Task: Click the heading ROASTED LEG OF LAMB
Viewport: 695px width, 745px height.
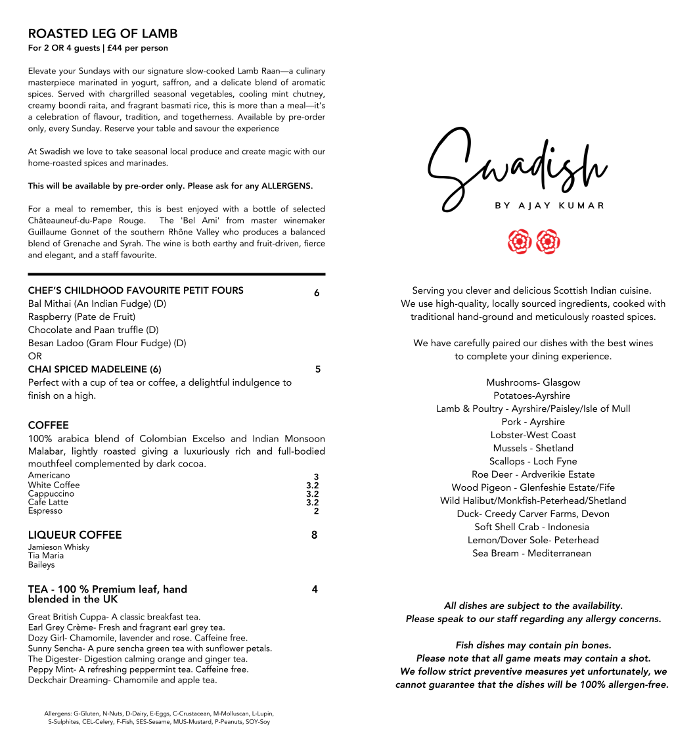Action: [102, 34]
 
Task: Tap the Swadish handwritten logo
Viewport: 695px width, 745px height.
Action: [516, 164]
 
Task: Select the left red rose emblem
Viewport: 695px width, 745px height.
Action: [519, 241]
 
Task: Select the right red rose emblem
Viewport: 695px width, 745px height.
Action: [548, 241]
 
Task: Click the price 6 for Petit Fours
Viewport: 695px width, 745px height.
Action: [317, 293]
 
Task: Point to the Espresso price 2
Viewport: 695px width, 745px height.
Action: [316, 511]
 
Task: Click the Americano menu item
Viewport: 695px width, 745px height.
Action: [49, 476]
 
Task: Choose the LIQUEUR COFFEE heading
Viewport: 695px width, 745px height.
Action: [75, 535]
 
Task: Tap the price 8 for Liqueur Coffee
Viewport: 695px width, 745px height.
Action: [314, 535]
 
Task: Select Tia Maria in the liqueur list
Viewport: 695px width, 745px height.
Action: [46, 556]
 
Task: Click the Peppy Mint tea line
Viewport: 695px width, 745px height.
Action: [138, 669]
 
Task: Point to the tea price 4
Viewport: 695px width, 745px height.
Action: [315, 589]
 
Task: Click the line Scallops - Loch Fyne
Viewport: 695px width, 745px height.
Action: [533, 461]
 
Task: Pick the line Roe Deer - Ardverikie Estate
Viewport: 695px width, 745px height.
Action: [533, 474]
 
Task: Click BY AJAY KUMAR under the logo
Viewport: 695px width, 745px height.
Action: [549, 206]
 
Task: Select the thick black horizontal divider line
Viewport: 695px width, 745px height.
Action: [176, 274]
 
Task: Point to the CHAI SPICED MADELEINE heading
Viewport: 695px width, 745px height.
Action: [95, 369]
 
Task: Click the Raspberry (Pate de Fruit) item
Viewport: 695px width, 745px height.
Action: [81, 317]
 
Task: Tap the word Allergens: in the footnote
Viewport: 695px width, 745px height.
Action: [58, 713]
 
